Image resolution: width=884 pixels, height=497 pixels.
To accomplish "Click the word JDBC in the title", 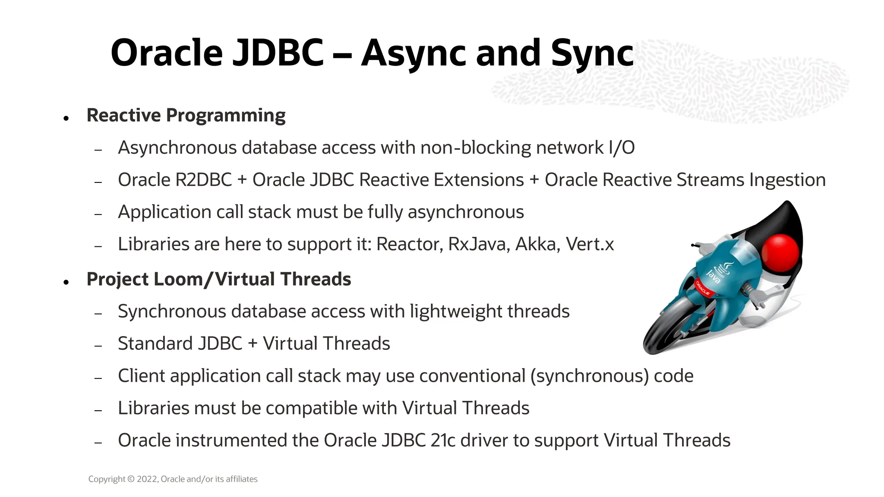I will tap(278, 53).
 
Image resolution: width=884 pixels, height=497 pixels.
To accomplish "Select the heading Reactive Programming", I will tap(186, 115).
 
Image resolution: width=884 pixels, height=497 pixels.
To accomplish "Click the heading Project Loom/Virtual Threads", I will tap(218, 279).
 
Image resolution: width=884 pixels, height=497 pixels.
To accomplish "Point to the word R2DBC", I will tap(203, 180).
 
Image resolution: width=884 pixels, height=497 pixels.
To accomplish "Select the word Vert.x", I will tap(590, 244).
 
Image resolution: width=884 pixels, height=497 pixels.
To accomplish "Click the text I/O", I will tap(621, 148).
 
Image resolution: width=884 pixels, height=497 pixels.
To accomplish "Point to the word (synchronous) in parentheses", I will tap(589, 376).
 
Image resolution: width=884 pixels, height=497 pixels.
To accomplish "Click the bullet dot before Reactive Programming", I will tap(66, 118).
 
